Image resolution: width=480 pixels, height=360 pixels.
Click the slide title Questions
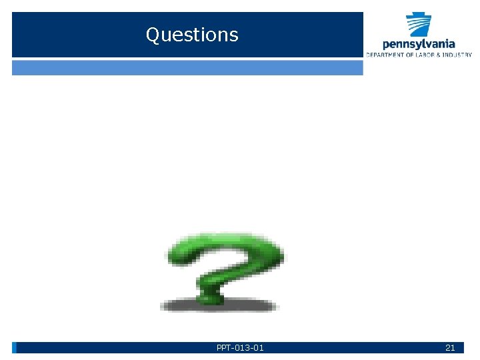(192, 35)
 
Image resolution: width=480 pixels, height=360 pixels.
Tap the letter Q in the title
(153, 35)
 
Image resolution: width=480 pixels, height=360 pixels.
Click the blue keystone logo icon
(419, 25)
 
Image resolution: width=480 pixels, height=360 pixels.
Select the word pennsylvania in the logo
(419, 44)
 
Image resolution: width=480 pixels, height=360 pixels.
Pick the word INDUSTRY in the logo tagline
(457, 55)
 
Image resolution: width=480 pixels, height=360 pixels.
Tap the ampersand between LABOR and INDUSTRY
(438, 55)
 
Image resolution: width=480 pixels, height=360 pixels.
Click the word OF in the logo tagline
(408, 55)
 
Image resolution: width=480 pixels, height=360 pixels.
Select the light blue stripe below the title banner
(187, 67)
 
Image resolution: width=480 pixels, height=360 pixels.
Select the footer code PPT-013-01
(240, 347)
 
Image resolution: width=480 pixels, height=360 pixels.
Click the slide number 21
(450, 347)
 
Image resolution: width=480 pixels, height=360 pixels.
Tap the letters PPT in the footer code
(224, 347)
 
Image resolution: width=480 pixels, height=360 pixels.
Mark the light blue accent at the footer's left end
(14, 347)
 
